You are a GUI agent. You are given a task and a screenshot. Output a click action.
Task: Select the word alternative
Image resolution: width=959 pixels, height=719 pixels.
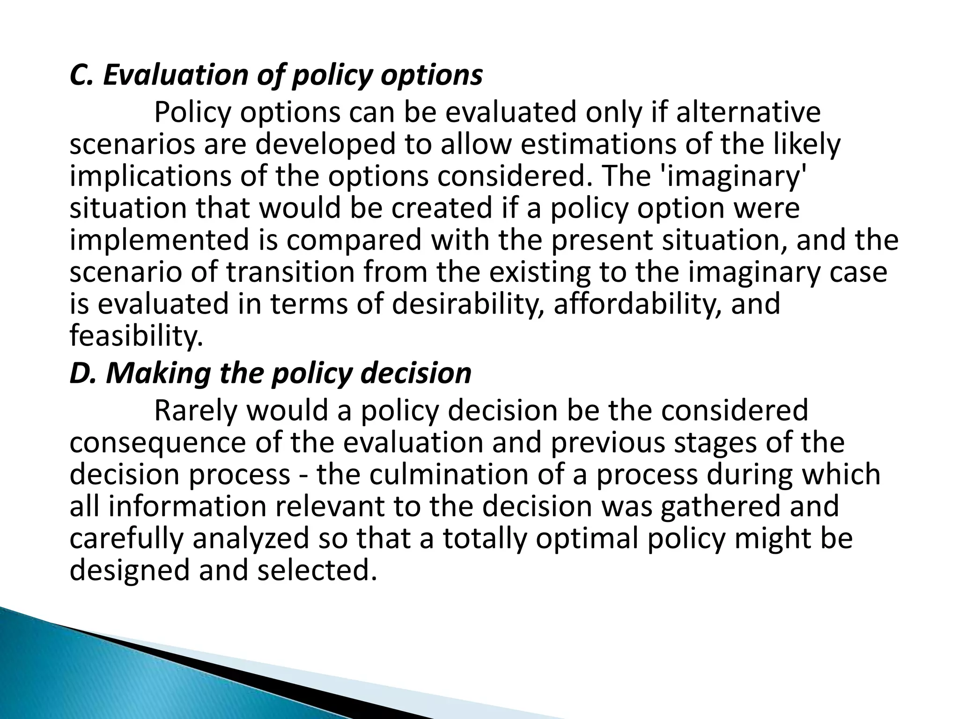click(748, 112)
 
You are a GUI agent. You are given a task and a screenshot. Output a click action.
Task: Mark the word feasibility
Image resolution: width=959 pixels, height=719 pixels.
click(136, 336)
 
